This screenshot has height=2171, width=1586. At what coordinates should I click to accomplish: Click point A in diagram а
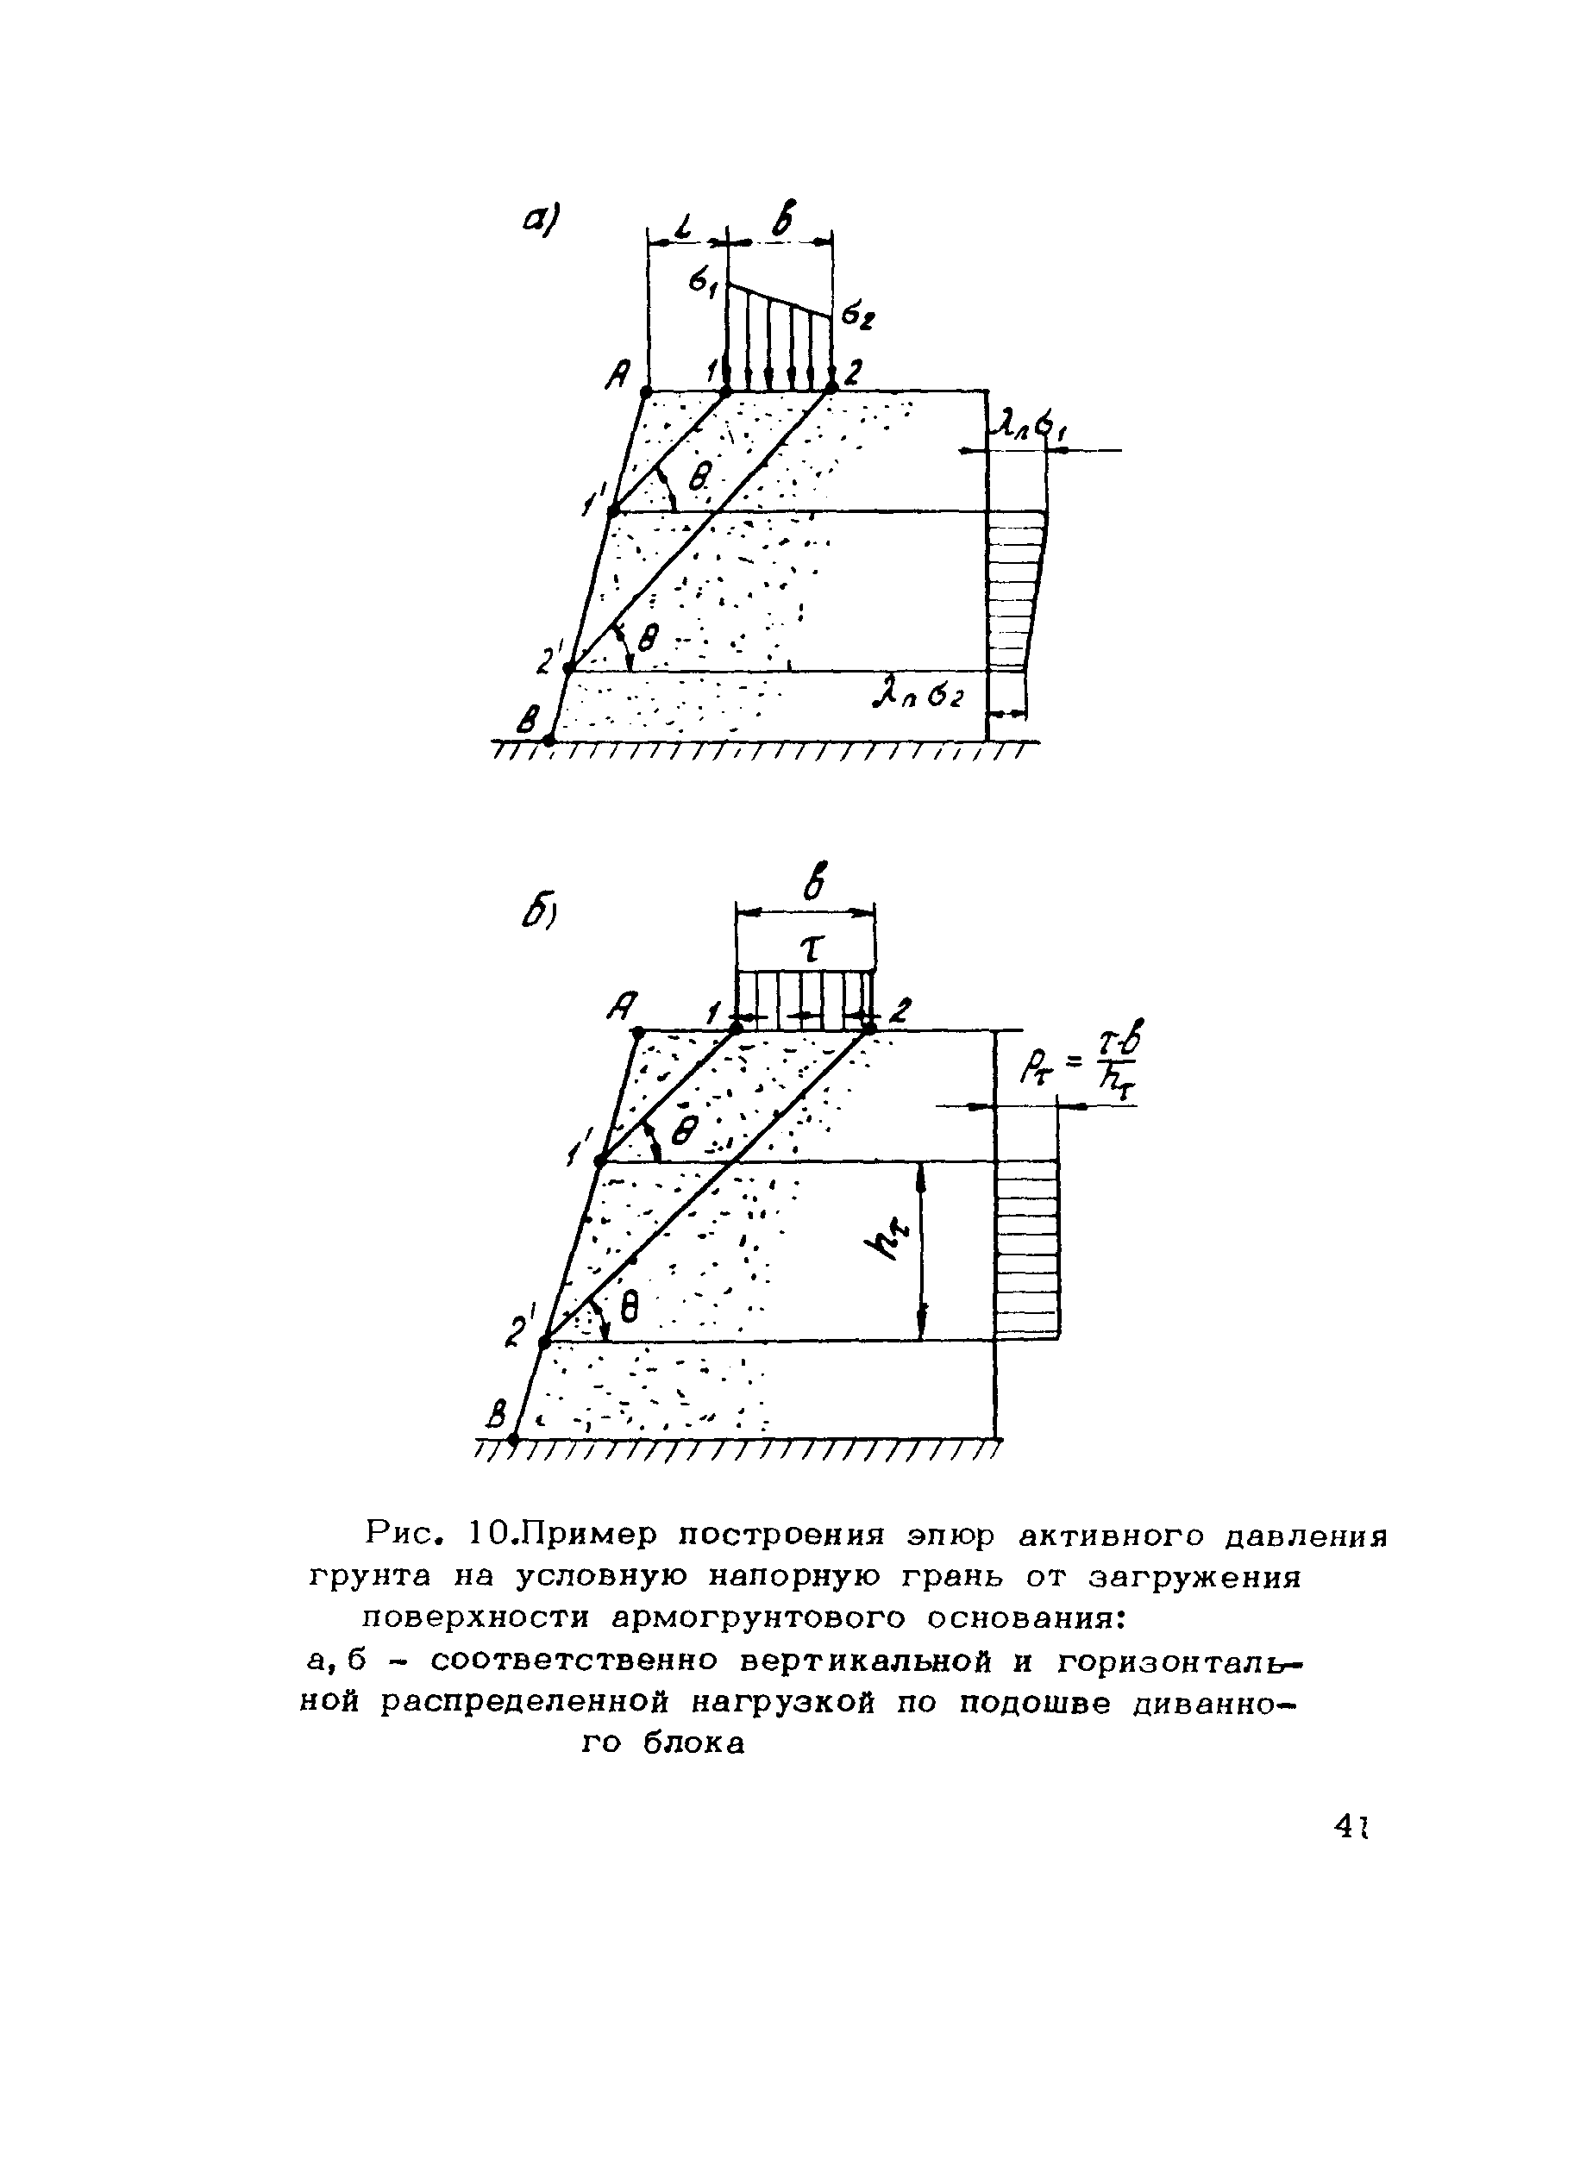point(646,391)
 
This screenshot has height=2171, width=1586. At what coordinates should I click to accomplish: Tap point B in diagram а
point(549,739)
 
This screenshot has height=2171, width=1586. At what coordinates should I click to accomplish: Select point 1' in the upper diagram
point(613,511)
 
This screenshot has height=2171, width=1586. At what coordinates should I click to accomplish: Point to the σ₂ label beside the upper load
point(855,316)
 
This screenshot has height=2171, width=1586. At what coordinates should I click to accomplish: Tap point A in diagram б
point(636,1032)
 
